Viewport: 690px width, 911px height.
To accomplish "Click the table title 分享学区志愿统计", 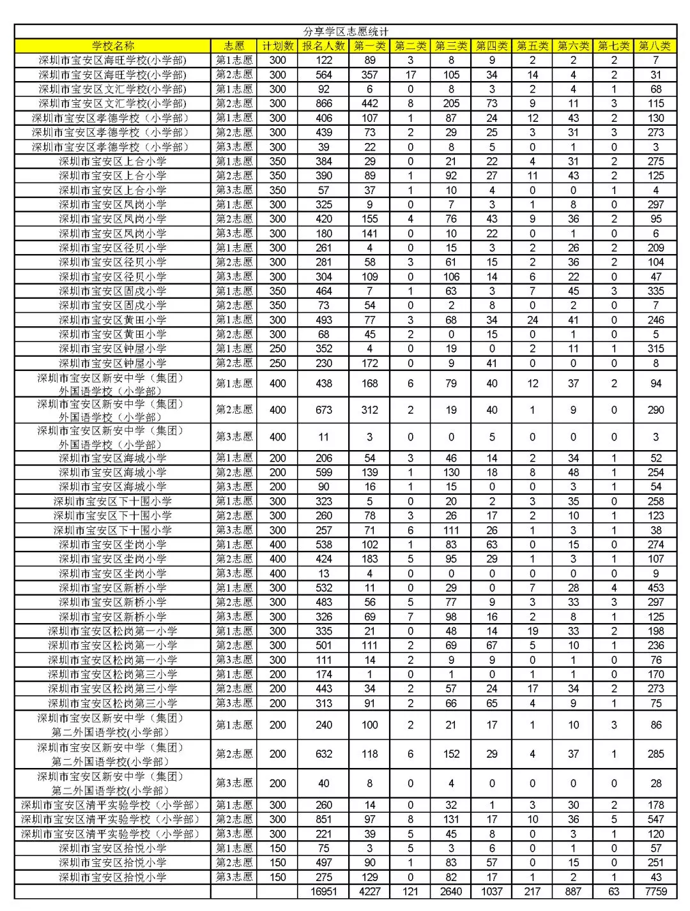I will click(x=345, y=31).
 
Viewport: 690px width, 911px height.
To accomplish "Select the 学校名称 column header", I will click(x=113, y=46).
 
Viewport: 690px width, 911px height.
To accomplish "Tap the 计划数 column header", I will click(x=277, y=46).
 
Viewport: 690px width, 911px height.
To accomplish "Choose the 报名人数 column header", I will click(x=324, y=46).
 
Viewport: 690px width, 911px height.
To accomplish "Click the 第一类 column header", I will click(x=370, y=46).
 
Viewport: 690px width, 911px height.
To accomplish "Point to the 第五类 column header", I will click(x=532, y=46).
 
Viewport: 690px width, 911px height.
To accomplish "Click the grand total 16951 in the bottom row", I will click(x=324, y=891).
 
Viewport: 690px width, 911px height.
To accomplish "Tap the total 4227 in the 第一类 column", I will click(x=370, y=891).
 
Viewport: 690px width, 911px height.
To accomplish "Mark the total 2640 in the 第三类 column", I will click(x=451, y=891).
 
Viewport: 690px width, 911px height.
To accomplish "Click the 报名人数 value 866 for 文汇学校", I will click(x=324, y=103).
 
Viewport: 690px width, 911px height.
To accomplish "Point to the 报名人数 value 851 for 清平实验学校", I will click(x=324, y=819).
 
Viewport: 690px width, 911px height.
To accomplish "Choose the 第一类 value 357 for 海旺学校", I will click(x=370, y=75).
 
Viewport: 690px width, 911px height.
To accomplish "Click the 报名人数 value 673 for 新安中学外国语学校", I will click(x=324, y=410).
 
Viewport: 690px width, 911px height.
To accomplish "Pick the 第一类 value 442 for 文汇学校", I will click(x=370, y=103).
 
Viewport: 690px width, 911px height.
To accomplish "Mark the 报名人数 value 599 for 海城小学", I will click(x=324, y=472).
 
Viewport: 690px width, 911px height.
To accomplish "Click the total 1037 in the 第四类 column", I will click(x=491, y=891).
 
